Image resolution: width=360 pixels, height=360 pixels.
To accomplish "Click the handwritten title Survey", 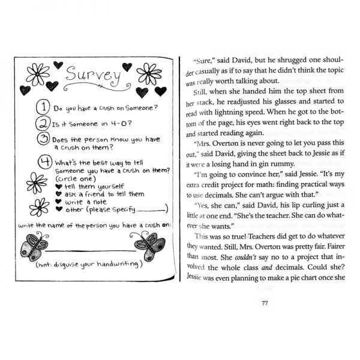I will click(91, 76).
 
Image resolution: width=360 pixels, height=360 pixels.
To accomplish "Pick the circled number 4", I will click(43, 163).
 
